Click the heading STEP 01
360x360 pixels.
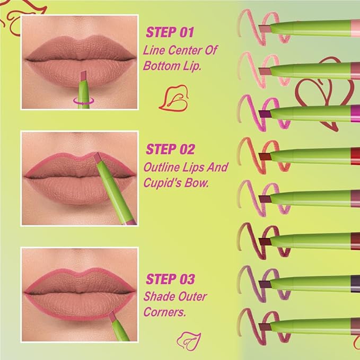169,32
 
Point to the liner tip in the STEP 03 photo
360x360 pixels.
112,317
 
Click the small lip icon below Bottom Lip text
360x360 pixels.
173,97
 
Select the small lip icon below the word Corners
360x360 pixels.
187,337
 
